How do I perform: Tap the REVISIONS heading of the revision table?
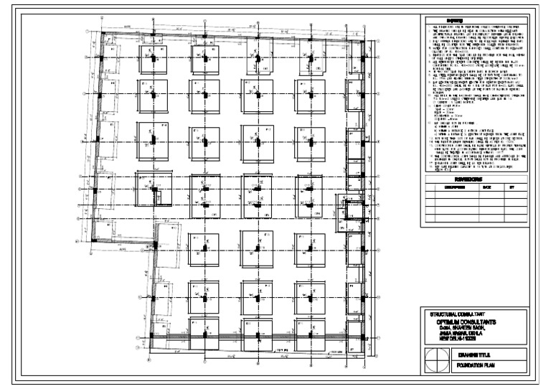click(474, 179)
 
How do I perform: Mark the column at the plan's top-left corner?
click(102, 34)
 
